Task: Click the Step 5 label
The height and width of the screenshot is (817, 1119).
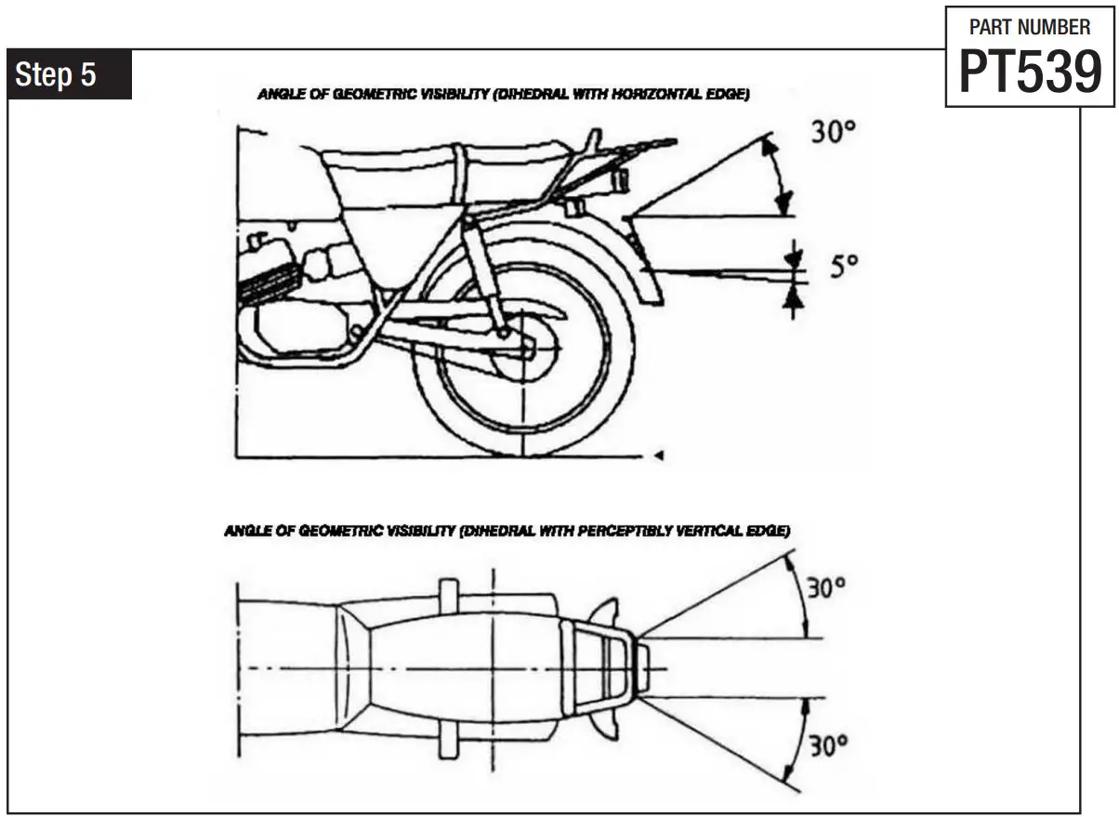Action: click(57, 75)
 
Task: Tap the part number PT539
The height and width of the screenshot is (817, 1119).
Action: click(1030, 72)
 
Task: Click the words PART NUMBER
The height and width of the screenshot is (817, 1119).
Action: click(1030, 28)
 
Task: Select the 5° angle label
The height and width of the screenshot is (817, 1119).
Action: click(843, 267)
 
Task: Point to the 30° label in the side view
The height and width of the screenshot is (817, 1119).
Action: click(833, 133)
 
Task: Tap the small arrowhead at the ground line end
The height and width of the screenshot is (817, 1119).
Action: click(658, 455)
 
